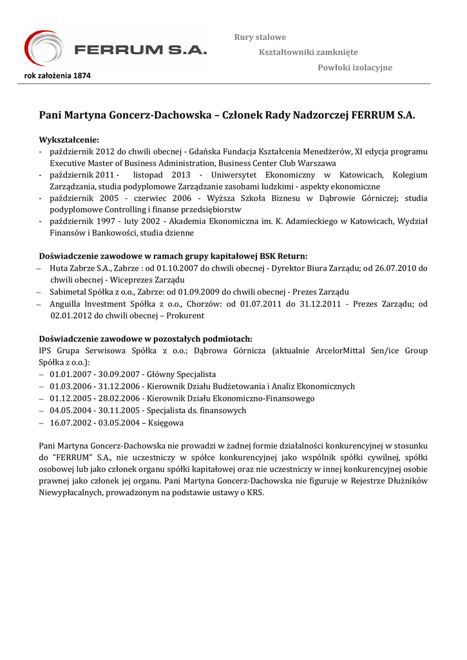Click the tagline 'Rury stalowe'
pyautogui.click(x=260, y=37)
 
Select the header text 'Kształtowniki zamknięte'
pyautogui.click(x=308, y=52)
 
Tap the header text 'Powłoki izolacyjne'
pyautogui.click(x=355, y=68)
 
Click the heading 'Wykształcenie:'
pyautogui.click(x=69, y=139)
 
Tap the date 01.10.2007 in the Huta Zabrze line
pyautogui.click(x=196, y=267)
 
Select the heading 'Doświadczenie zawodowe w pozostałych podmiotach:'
pyautogui.click(x=146, y=339)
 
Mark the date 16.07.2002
pyautogui.click(x=69, y=423)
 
